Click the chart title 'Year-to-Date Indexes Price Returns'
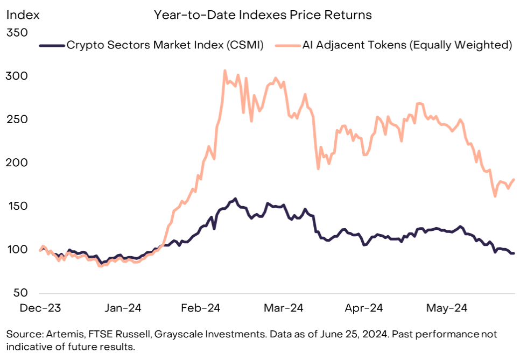[263, 15]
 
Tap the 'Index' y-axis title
[23, 15]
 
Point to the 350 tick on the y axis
[16, 33]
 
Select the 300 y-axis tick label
[16, 76]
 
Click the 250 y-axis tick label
[16, 119]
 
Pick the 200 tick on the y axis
[16, 163]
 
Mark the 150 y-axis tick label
[16, 207]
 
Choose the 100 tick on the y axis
[16, 250]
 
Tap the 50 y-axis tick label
[19, 293]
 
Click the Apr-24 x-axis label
[363, 308]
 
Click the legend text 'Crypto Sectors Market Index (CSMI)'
[165, 45]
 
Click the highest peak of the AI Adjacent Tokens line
[224, 70]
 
